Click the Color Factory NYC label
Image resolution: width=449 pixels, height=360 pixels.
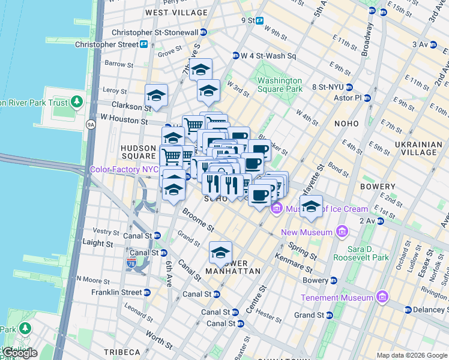[x=124, y=169]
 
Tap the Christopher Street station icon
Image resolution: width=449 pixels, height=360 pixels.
[x=144, y=44]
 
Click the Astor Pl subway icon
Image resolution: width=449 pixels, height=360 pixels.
[x=367, y=98]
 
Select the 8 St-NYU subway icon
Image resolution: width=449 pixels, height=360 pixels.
[x=348, y=87]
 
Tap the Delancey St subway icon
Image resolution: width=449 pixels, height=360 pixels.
[x=408, y=310]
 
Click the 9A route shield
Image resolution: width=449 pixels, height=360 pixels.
[x=91, y=125]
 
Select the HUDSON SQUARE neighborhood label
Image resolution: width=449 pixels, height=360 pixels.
[x=139, y=151]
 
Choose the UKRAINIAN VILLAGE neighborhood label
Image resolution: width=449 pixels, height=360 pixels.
[x=418, y=149]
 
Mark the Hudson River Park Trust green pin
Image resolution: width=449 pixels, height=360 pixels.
[x=77, y=102]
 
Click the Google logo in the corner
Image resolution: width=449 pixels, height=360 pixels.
[x=19, y=352]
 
